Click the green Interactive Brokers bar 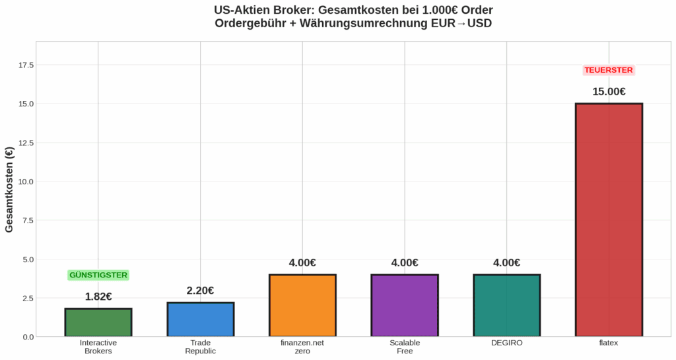[98, 322]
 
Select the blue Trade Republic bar [200, 320]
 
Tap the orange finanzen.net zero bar [302, 305]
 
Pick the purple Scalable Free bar [405, 305]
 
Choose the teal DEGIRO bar [507, 305]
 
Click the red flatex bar [609, 220]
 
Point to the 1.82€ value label [98, 297]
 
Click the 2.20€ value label [200, 291]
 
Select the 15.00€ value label [609, 92]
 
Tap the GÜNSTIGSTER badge [98, 275]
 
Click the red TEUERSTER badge [609, 70]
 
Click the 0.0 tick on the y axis [28, 337]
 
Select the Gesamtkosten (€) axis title [10, 189]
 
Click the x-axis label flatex [609, 343]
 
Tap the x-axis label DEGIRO [507, 343]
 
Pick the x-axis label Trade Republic [200, 347]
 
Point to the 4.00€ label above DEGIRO [507, 263]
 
